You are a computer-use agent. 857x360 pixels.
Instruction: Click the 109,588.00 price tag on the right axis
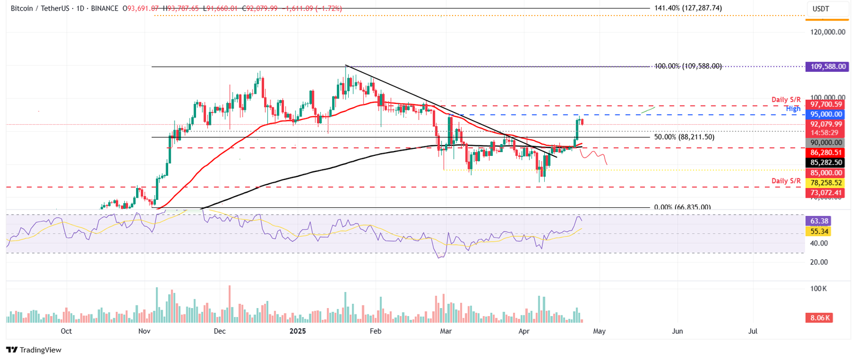[828, 67]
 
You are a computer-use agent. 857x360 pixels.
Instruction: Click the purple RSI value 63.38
[820, 221]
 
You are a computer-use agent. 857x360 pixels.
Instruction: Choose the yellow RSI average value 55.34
[820, 232]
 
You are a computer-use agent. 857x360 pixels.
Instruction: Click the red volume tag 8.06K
[820, 318]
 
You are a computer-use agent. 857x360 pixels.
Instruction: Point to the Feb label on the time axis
[375, 332]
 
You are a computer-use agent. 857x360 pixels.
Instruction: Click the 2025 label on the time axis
[297, 332]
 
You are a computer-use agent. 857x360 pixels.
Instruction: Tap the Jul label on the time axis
[753, 332]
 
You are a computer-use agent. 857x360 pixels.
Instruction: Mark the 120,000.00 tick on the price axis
[828, 32]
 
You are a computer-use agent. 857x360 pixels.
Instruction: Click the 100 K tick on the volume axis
[818, 289]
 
